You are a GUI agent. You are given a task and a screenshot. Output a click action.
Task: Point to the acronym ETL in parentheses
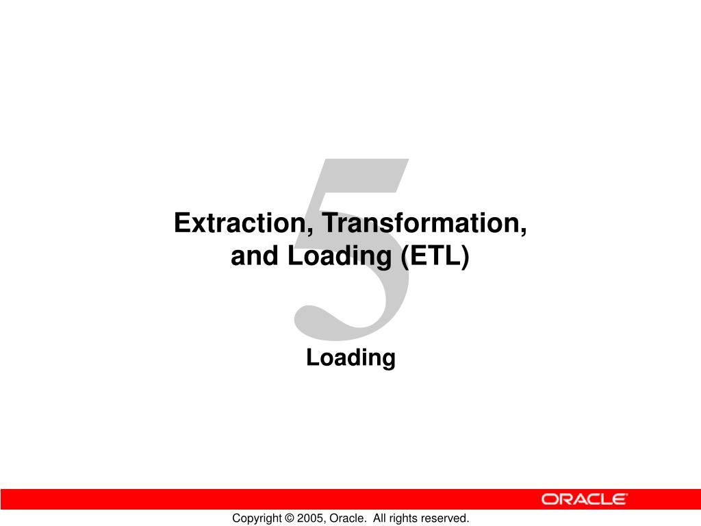click(x=435, y=256)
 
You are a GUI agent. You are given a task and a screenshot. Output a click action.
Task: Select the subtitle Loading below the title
click(x=350, y=358)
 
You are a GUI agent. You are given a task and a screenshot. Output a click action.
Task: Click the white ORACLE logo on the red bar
click(x=584, y=499)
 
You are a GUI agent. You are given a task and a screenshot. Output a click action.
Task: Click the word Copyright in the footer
click(x=256, y=518)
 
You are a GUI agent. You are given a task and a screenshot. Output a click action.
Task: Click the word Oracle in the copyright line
click(x=344, y=518)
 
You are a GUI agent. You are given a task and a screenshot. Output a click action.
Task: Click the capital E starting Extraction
click(x=181, y=224)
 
